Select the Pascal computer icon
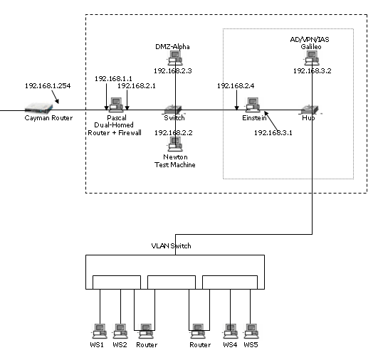pyautogui.click(x=116, y=105)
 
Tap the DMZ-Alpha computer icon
pyautogui.click(x=175, y=58)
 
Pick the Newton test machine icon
pyautogui.click(x=175, y=144)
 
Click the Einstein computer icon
pyautogui.click(x=253, y=105)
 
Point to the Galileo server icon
pyautogui.click(x=312, y=58)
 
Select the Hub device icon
pyautogui.click(x=310, y=110)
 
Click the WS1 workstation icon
pyautogui.click(x=100, y=332)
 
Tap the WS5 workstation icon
pyautogui.click(x=251, y=332)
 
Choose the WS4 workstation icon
pyautogui.click(x=231, y=332)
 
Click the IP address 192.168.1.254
pyautogui.click(x=48, y=86)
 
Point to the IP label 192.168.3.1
pyautogui.click(x=273, y=133)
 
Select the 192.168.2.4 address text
pyautogui.click(x=236, y=86)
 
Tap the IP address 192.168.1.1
pyautogui.click(x=113, y=78)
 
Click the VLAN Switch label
pyautogui.click(x=172, y=245)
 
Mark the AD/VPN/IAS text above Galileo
pyautogui.click(x=310, y=40)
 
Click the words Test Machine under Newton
pyautogui.click(x=175, y=165)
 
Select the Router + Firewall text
pyautogui.click(x=115, y=133)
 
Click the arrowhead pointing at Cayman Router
pyautogui.click(x=57, y=101)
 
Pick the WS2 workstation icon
pyautogui.click(x=120, y=332)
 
